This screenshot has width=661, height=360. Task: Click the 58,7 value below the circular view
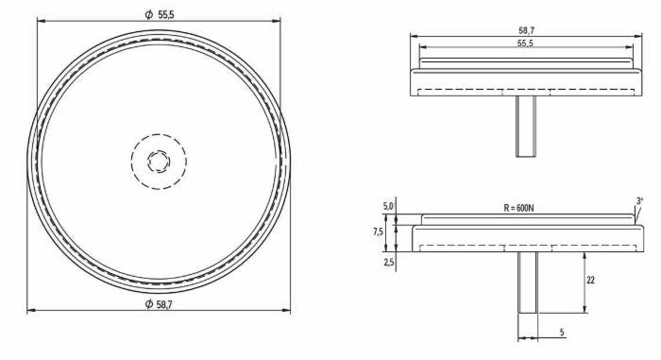coord(165,303)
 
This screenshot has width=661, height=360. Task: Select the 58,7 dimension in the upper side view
coord(526,31)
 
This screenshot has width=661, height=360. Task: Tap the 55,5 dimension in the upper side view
coord(526,43)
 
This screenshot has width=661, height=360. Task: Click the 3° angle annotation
coord(639,201)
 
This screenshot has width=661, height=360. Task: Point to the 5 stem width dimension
coord(562,333)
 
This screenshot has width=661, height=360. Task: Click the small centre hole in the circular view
coord(159,161)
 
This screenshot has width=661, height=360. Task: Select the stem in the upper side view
coord(526,127)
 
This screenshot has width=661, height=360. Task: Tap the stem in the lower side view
coord(527,283)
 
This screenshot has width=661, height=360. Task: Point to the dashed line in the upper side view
coord(526,91)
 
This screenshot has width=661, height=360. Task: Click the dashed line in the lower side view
coord(526,247)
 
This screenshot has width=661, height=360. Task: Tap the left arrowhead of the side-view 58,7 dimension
coord(414,37)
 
